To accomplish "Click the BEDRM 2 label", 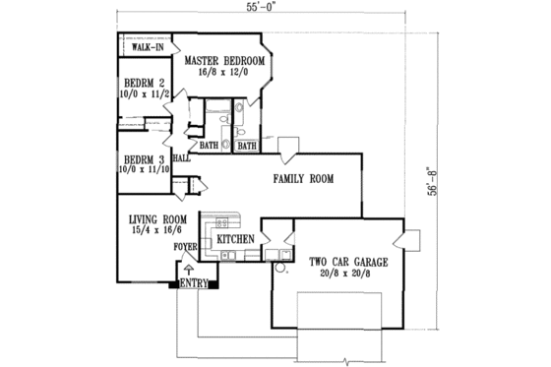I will click(139, 84).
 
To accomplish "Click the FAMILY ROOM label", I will click(303, 179).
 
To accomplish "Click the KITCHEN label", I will click(237, 239).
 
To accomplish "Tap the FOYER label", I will click(186, 248).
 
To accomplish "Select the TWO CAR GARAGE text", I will click(348, 263).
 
